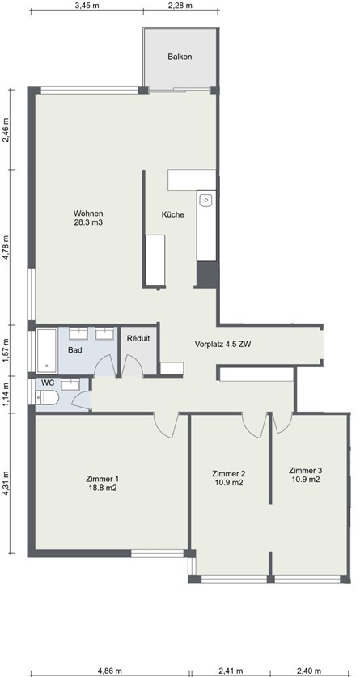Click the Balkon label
coord(180,57)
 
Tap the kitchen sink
coord(206,201)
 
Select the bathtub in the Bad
coord(46,350)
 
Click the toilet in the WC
coord(47,398)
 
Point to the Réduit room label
coord(138,339)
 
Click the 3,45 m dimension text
coord(84,5)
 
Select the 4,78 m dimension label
coord(6,248)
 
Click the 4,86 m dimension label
coord(108,671)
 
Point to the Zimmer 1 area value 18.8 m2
coord(102,489)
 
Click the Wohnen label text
coord(88,214)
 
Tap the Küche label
coord(173,214)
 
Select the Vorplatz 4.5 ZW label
coord(222,345)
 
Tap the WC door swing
coord(82,399)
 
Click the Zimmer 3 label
coord(305,470)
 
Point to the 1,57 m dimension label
coord(6,350)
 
